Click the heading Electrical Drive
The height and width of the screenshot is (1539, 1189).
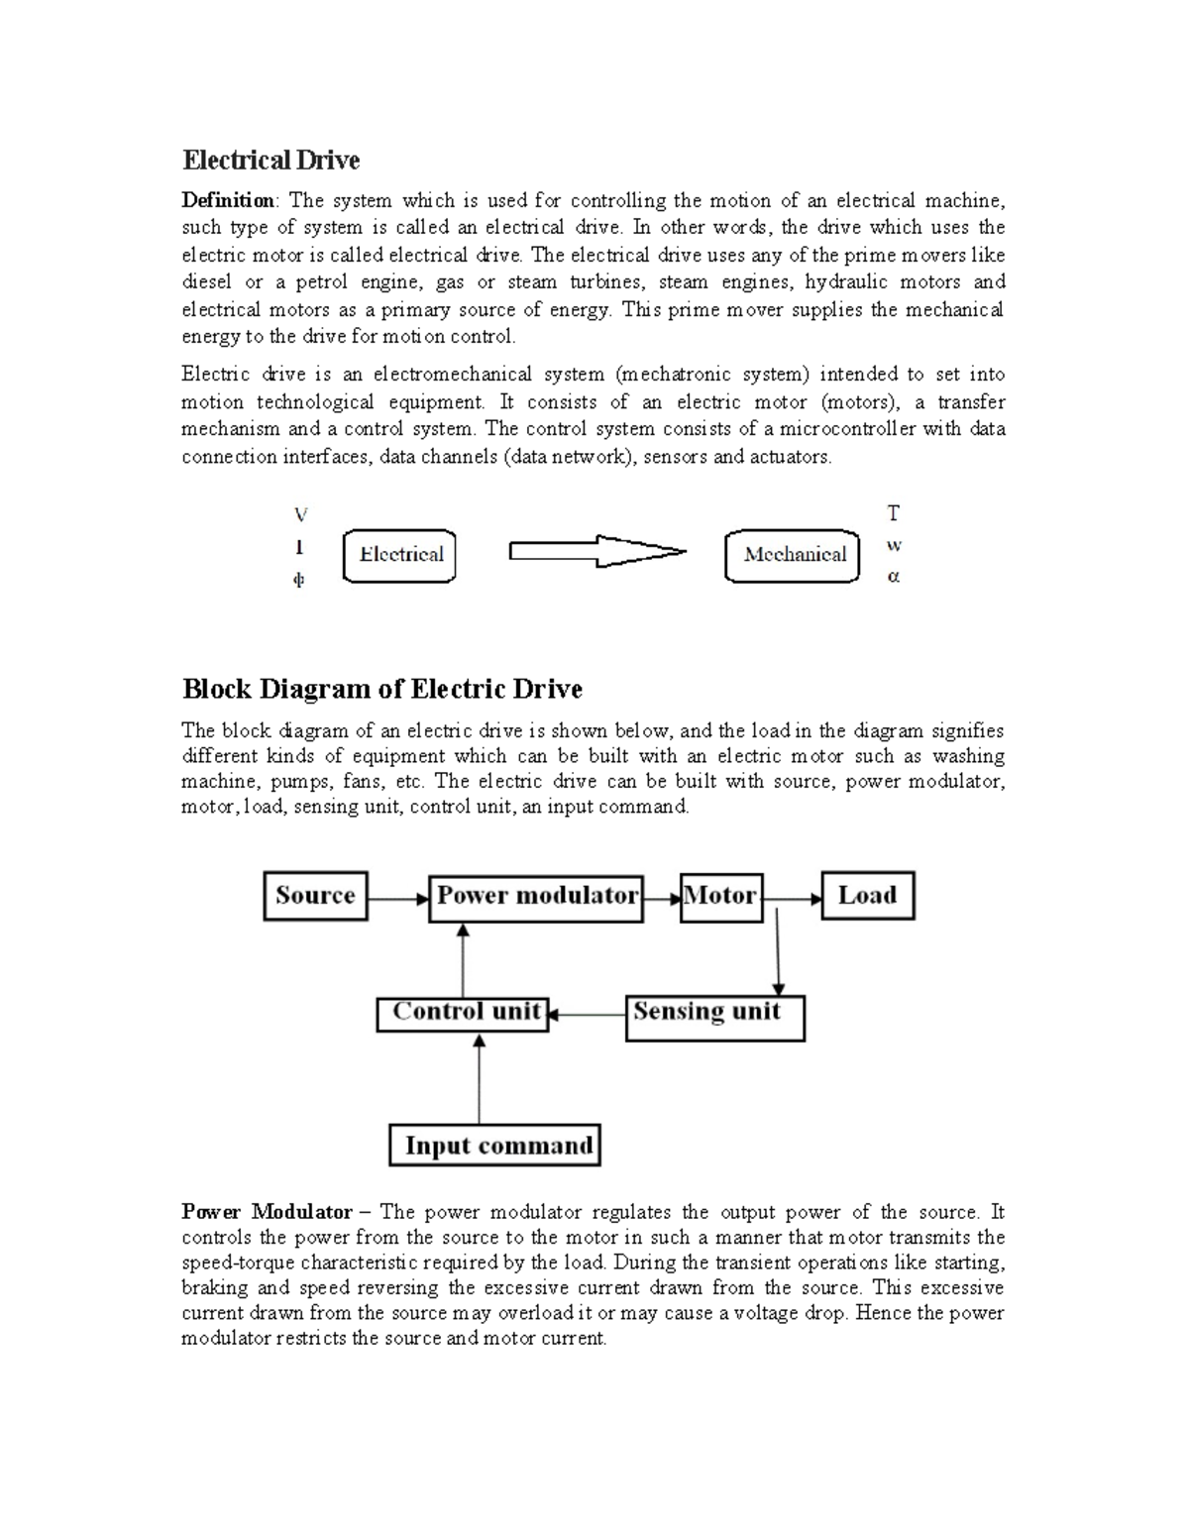[x=270, y=161]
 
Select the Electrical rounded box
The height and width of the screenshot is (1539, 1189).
[x=399, y=556]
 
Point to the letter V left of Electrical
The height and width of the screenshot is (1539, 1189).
[x=300, y=515]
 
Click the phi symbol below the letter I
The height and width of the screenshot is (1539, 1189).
[x=298, y=581]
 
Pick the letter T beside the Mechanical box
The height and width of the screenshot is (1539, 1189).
[x=894, y=513]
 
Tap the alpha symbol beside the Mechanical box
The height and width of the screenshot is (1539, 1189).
[x=894, y=577]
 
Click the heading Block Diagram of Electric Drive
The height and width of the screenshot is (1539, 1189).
[x=381, y=689]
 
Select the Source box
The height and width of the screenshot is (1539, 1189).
[x=315, y=896]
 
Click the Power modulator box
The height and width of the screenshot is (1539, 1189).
[x=536, y=898]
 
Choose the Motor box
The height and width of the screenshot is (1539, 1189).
[x=720, y=897]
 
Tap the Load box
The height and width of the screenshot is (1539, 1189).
[x=867, y=896]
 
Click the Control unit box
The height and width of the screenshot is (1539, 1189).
[x=463, y=1014]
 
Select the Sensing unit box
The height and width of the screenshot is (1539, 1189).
[x=714, y=1017]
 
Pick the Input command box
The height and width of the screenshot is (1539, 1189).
[x=494, y=1145]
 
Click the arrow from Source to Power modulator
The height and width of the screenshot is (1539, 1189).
[x=397, y=900]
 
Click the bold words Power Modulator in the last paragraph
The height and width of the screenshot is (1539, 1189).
[x=267, y=1212]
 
